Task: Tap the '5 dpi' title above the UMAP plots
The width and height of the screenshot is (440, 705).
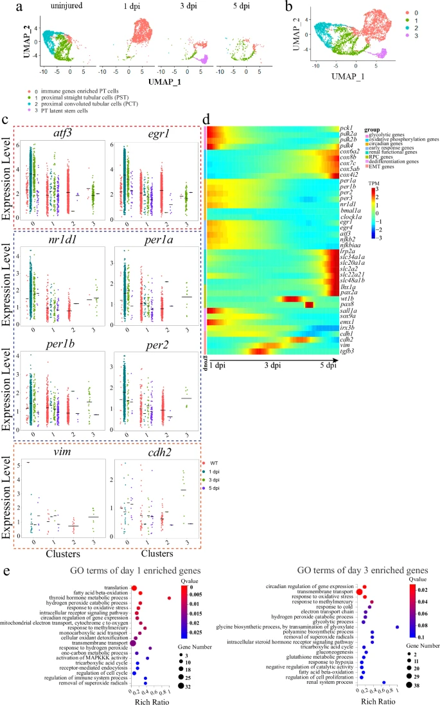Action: [x=238, y=7]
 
